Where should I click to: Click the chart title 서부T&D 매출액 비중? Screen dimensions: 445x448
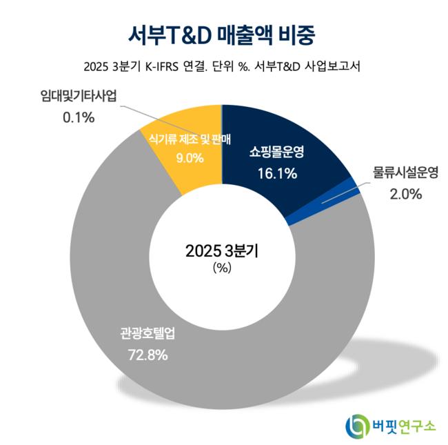(223, 32)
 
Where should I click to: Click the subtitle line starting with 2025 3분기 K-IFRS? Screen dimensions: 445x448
(223, 68)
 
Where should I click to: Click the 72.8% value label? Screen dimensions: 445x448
(148, 356)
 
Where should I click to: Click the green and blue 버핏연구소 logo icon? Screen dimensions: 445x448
(358, 424)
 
